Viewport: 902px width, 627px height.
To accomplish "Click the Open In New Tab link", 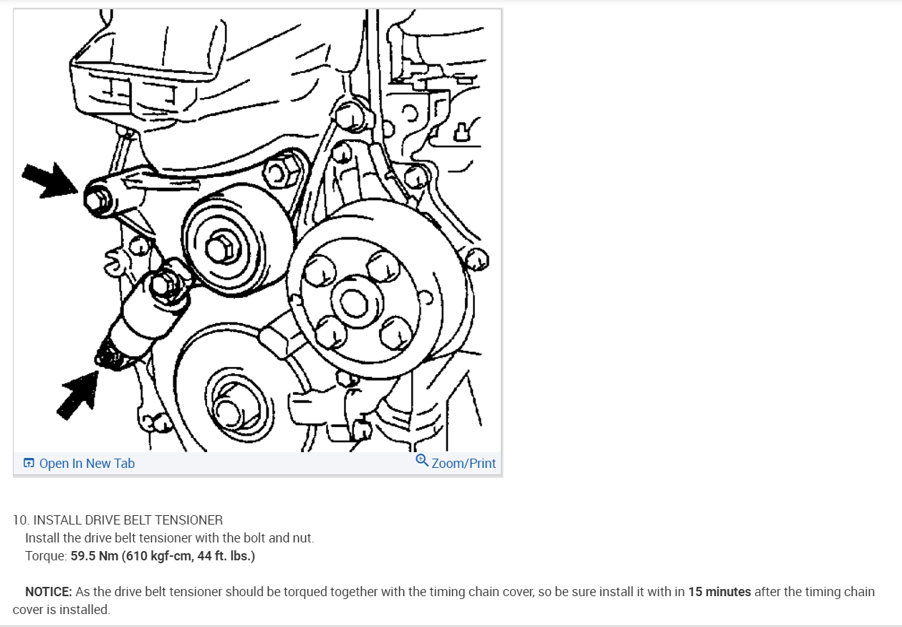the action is pos(79,463).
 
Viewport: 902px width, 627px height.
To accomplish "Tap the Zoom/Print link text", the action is pos(464,463).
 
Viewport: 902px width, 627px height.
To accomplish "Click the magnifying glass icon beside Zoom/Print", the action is pos(421,460).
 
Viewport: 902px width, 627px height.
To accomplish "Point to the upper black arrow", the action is pos(49,181).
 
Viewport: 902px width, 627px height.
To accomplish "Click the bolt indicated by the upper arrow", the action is pos(98,200).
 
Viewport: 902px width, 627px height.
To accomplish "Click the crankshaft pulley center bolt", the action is pos(229,413).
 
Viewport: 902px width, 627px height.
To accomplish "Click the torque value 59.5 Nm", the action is pos(95,556).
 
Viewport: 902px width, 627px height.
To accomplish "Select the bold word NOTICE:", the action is pos(48,592).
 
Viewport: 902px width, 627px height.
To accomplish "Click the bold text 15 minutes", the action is pos(719,592).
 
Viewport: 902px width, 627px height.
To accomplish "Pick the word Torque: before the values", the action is pos(46,556).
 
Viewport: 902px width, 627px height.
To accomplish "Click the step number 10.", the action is pos(21,520).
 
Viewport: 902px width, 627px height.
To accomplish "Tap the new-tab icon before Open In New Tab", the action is pos(29,463).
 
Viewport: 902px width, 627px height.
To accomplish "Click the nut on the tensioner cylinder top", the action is pos(164,285).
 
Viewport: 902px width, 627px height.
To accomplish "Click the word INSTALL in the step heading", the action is pos(57,520).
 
